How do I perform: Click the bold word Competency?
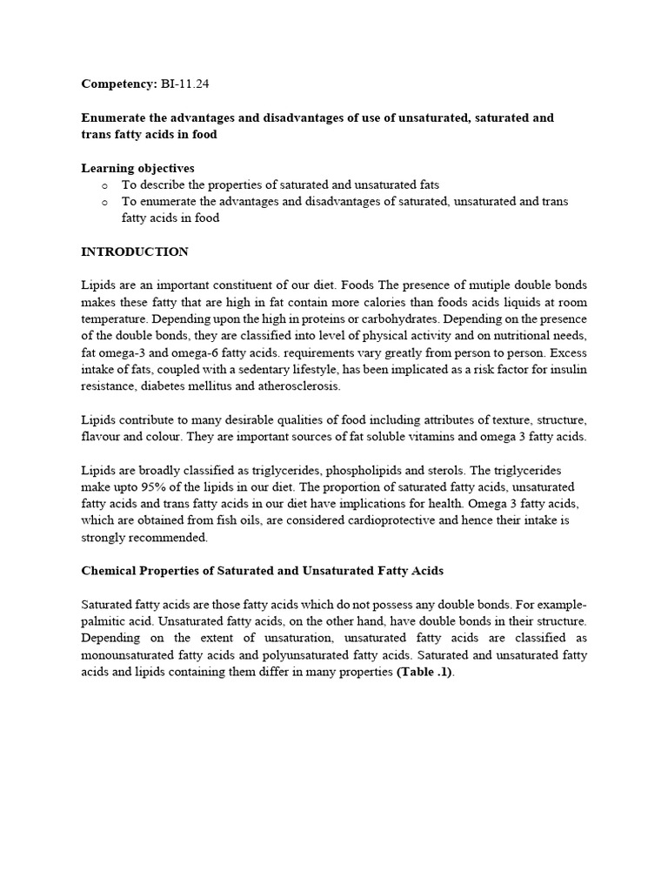pos(118,84)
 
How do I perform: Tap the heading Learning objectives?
pos(137,168)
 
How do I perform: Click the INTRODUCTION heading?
pos(135,251)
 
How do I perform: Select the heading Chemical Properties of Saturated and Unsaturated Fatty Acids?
pos(262,571)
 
